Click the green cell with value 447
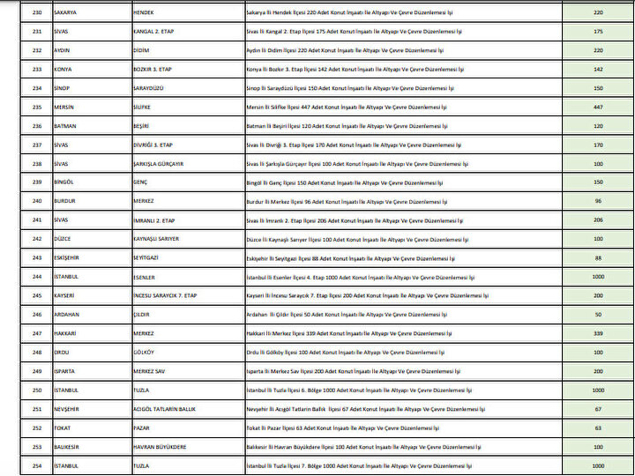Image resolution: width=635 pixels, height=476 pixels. [x=598, y=107]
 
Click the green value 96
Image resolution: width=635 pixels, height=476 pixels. [x=598, y=201]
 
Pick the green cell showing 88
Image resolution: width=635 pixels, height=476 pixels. [x=598, y=257]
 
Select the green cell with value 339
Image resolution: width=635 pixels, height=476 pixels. [x=598, y=333]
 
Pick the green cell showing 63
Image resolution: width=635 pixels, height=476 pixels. [x=598, y=428]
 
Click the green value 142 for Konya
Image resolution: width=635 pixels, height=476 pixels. [x=598, y=70]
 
